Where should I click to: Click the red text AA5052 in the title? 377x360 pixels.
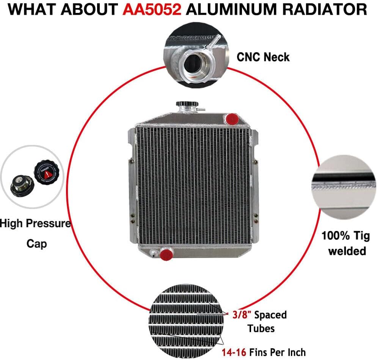click(152, 9)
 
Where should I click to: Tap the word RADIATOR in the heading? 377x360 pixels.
click(324, 9)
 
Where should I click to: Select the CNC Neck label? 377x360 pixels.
click(263, 57)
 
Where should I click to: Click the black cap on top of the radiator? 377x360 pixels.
click(187, 104)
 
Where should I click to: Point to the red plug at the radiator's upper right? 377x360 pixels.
click(232, 119)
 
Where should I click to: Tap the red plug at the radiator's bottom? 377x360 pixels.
click(166, 255)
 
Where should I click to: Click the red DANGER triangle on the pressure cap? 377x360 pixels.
click(47, 174)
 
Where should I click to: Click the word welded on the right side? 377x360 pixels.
click(347, 251)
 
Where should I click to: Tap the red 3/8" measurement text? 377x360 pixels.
click(242, 314)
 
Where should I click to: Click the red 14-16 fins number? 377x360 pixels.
click(234, 352)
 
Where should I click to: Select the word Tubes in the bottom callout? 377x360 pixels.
click(261, 329)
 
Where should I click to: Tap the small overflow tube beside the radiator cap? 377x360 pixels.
click(201, 110)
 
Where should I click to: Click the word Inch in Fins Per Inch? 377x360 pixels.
click(297, 352)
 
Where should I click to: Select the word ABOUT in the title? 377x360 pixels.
click(89, 9)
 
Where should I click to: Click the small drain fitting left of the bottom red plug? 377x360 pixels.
click(153, 253)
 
